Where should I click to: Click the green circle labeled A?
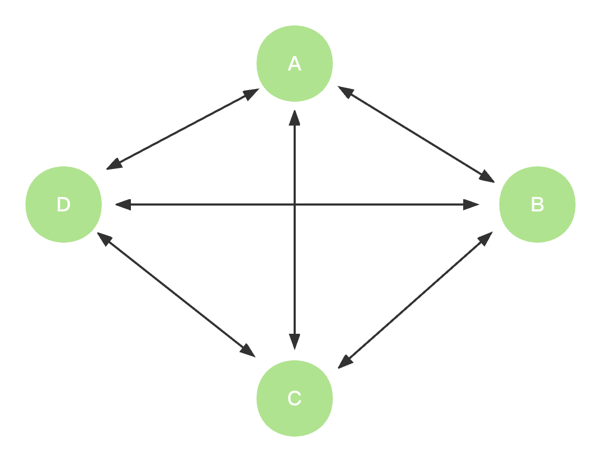pyautogui.click(x=295, y=64)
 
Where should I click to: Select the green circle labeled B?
pyautogui.click(x=537, y=205)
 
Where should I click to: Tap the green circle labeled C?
pyautogui.click(x=295, y=398)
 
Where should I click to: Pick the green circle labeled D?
pyautogui.click(x=64, y=205)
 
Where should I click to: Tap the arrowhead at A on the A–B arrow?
pyautogui.click(x=344, y=91)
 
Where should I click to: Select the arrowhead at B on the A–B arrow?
pyautogui.click(x=488, y=177)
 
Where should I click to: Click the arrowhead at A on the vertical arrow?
pyautogui.click(x=295, y=118)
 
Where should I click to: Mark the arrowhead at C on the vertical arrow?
pyautogui.click(x=295, y=342)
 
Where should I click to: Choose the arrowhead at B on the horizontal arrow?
pyautogui.click(x=472, y=205)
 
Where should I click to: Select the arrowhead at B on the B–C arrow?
pyautogui.click(x=486, y=238)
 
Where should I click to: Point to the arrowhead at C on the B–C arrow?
pyautogui.click(x=344, y=362)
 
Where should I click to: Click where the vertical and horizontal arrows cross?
pyautogui.click(x=295, y=205)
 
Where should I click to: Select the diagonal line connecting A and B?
pyautogui.click(x=416, y=135)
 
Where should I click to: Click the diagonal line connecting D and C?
pyautogui.click(x=176, y=295)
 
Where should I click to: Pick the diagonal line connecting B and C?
pyautogui.click(x=416, y=300)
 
